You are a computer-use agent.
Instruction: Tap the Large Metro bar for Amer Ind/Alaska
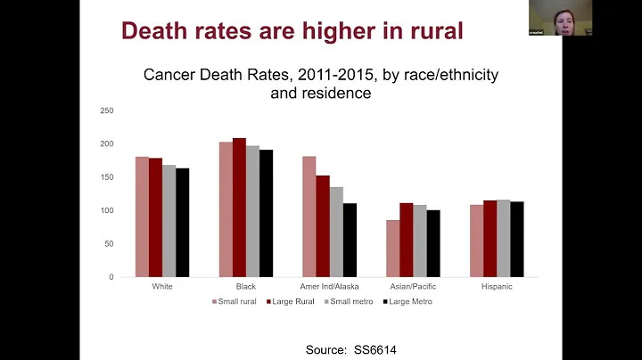tap(350, 240)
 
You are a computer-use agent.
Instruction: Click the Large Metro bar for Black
tap(266, 213)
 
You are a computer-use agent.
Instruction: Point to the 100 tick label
tap(107, 210)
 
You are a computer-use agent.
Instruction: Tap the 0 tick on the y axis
tap(111, 277)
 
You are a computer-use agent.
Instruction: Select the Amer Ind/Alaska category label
tap(330, 287)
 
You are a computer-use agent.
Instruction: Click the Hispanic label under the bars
tap(498, 287)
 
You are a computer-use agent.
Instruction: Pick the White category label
tap(162, 287)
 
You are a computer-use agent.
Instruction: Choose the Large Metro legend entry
tap(411, 302)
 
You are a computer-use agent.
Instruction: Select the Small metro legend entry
tap(352, 302)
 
